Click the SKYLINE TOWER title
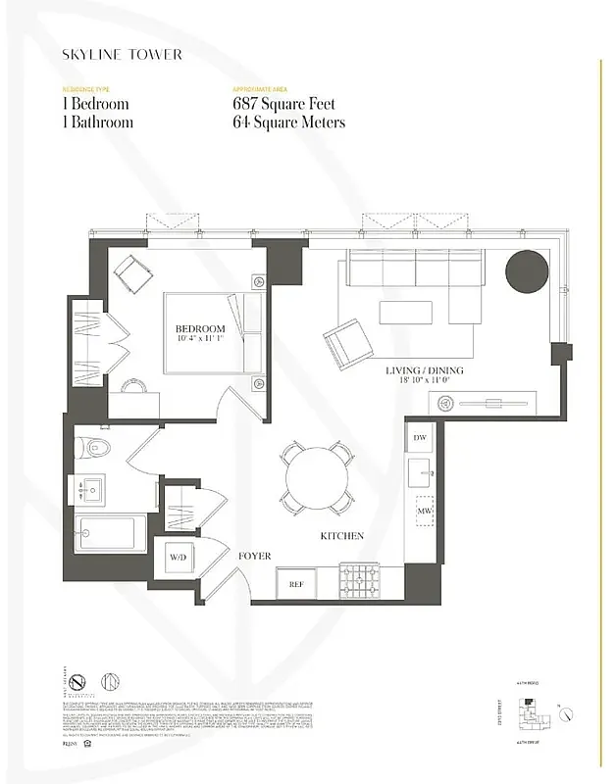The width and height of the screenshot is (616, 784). [122, 55]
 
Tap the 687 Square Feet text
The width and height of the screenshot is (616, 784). [282, 104]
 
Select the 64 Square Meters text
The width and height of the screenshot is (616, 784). [288, 122]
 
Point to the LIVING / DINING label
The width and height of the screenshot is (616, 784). [424, 371]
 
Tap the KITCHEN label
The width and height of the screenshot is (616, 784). [341, 536]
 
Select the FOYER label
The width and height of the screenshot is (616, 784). [254, 556]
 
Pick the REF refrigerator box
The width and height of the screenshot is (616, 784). [295, 583]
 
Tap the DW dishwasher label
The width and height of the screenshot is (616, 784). [420, 437]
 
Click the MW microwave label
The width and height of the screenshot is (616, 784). [425, 512]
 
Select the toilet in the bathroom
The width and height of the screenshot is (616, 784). [97, 449]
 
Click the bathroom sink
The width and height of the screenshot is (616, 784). [95, 489]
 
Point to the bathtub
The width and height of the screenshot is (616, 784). [109, 534]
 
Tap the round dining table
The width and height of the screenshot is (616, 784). [317, 477]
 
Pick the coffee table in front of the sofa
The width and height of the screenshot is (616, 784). [406, 312]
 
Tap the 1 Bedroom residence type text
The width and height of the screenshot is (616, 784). [94, 104]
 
